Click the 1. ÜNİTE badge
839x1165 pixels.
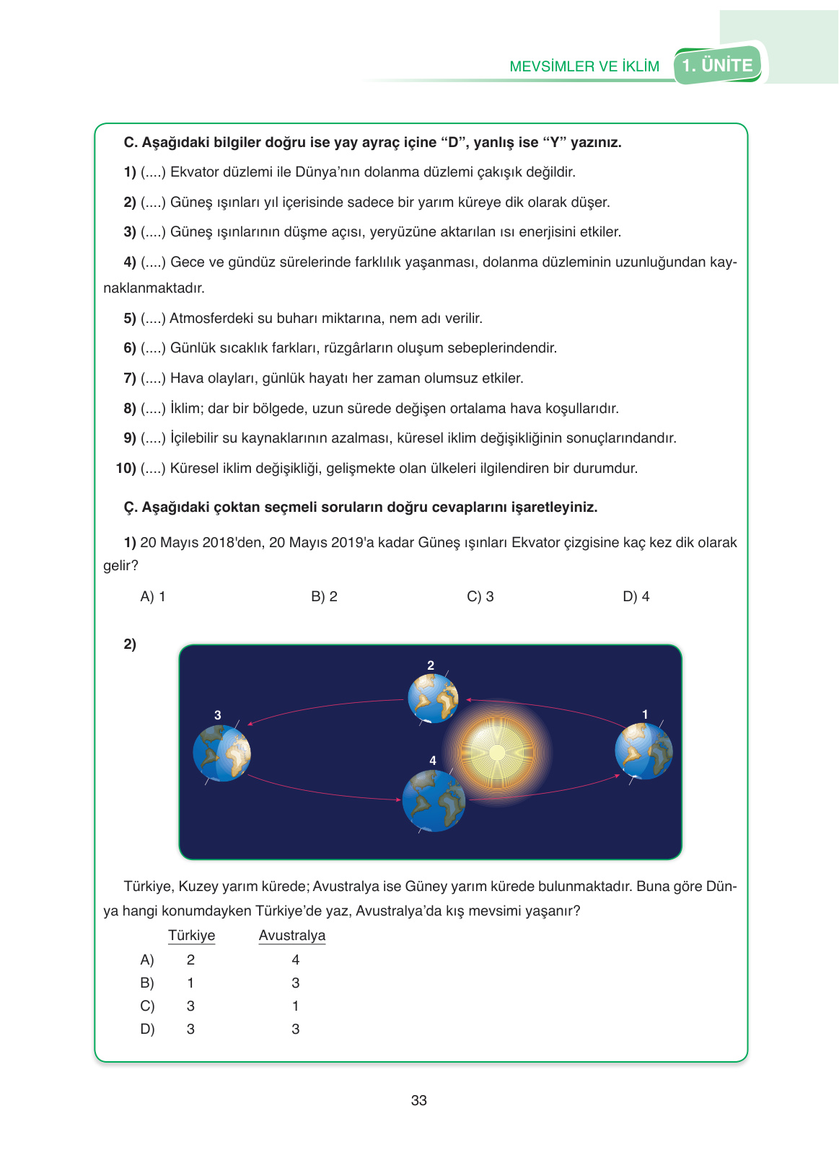pos(718,66)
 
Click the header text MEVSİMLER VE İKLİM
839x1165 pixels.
pos(584,66)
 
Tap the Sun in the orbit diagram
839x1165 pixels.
pos(497,753)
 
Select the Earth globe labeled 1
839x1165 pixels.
pos(643,751)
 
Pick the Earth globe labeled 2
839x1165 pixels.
pos(433,698)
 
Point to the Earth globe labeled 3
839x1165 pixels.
pos(221,753)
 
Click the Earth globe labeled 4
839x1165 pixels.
pos(434,800)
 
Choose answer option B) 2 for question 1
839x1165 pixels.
pos(324,596)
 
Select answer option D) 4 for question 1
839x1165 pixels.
pos(636,596)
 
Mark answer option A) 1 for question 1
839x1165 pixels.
pos(153,596)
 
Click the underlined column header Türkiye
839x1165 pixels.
pos(191,935)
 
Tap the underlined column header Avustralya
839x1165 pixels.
pos(292,935)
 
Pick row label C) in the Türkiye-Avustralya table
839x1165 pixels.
pos(147,1006)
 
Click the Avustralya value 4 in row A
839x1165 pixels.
pos(295,960)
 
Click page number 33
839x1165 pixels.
pos(418,1100)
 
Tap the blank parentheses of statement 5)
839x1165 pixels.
pos(153,318)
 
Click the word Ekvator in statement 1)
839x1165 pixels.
pos(195,172)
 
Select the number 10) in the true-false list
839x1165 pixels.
pos(126,468)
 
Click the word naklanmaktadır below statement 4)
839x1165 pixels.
pos(154,288)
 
